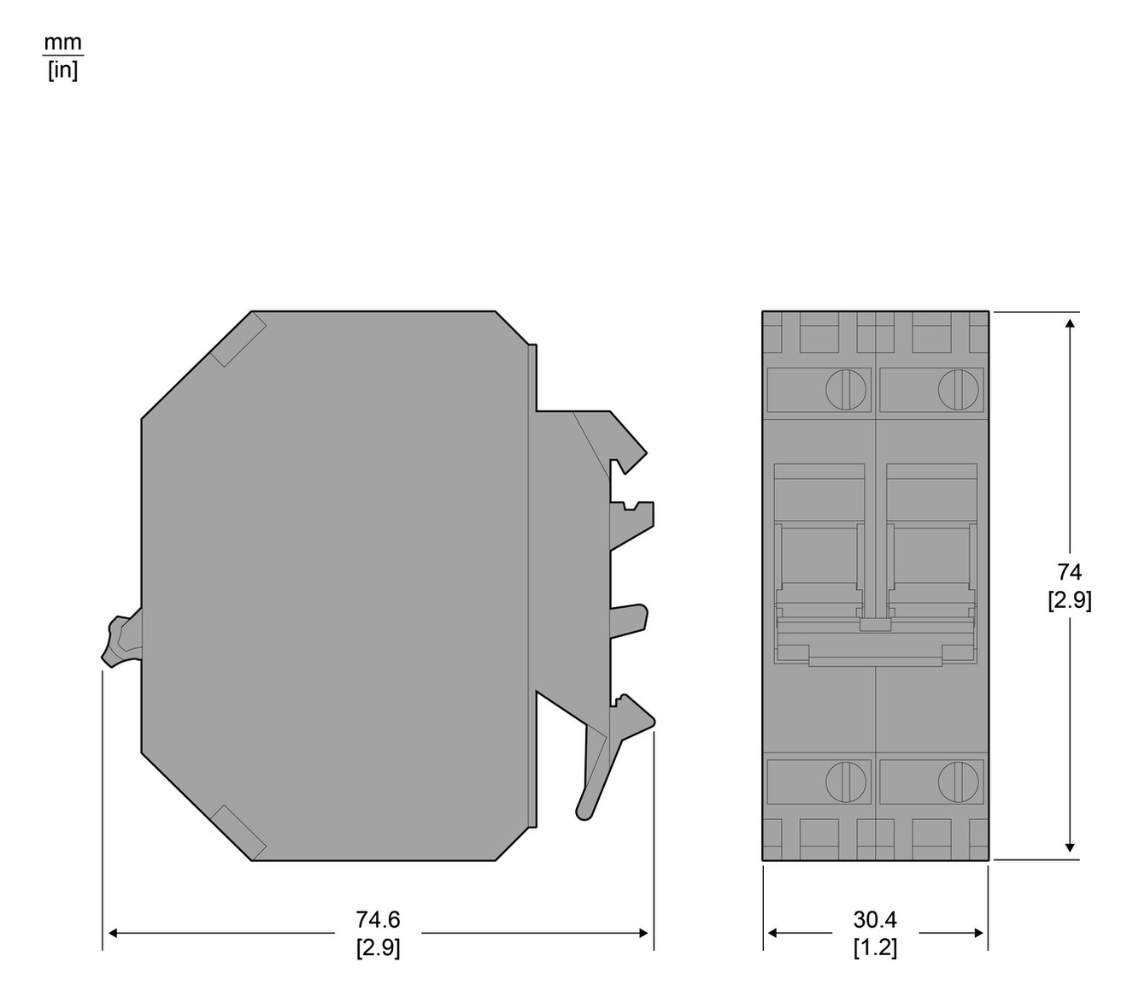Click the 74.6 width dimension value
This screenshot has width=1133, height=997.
pos(378,920)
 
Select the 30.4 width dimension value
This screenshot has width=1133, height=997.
pos(875,920)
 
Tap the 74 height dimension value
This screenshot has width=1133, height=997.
pos(1069,572)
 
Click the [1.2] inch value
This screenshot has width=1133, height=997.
pos(875,947)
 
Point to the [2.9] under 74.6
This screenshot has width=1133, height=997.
pos(378,947)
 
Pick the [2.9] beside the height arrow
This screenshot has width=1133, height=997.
pos(1069,600)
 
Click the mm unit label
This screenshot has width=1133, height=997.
pos(63,42)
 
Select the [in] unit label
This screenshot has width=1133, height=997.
pos(63,70)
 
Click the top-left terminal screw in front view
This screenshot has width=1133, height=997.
pos(846,390)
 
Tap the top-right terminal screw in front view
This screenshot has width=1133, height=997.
pos(958,390)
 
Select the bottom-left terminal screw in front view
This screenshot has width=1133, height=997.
pos(846,782)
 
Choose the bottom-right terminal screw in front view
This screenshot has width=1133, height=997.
pos(958,782)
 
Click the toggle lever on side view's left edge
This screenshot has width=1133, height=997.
pos(120,639)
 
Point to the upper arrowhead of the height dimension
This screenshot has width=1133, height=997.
pos(1070,324)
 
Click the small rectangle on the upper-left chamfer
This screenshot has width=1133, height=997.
pos(238,340)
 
